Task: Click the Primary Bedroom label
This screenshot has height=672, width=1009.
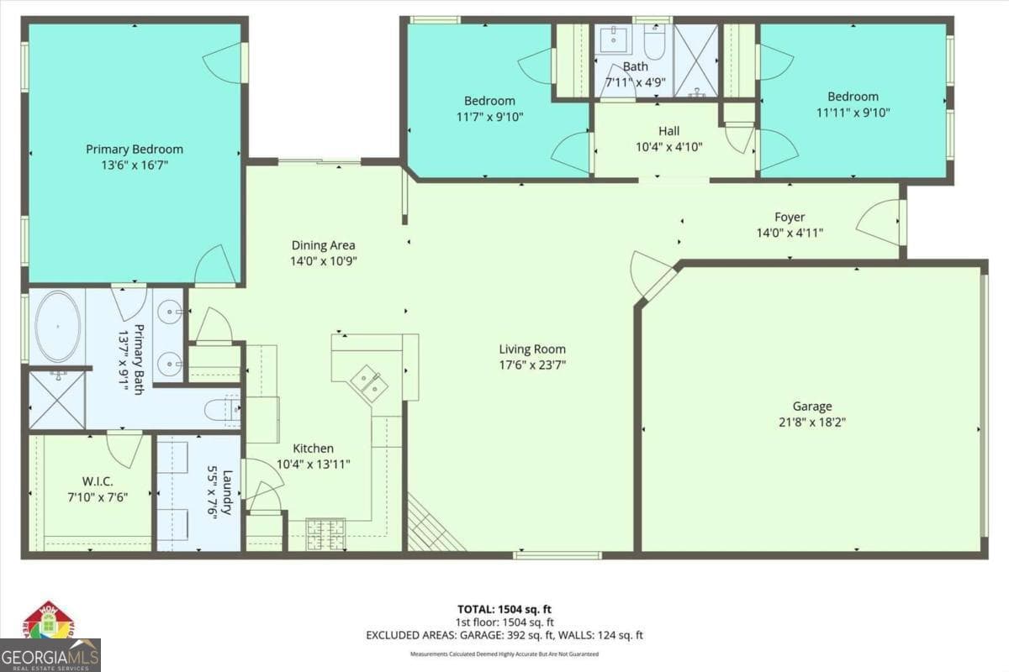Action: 135,150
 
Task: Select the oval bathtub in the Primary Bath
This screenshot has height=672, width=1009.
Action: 57,327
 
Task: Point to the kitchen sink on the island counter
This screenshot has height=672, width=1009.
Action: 368,381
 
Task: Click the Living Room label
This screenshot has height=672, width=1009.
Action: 532,349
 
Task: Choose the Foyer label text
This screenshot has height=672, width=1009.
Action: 790,218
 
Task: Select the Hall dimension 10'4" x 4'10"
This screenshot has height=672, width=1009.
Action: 669,146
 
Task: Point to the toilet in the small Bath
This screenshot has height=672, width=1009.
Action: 654,39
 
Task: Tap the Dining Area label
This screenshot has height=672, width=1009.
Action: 323,245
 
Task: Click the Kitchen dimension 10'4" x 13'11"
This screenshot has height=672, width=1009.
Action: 314,464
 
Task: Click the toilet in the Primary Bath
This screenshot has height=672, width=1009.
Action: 222,410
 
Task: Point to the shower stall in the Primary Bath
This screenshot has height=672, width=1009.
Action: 57,400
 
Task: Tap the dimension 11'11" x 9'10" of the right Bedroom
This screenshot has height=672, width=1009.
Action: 853,112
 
